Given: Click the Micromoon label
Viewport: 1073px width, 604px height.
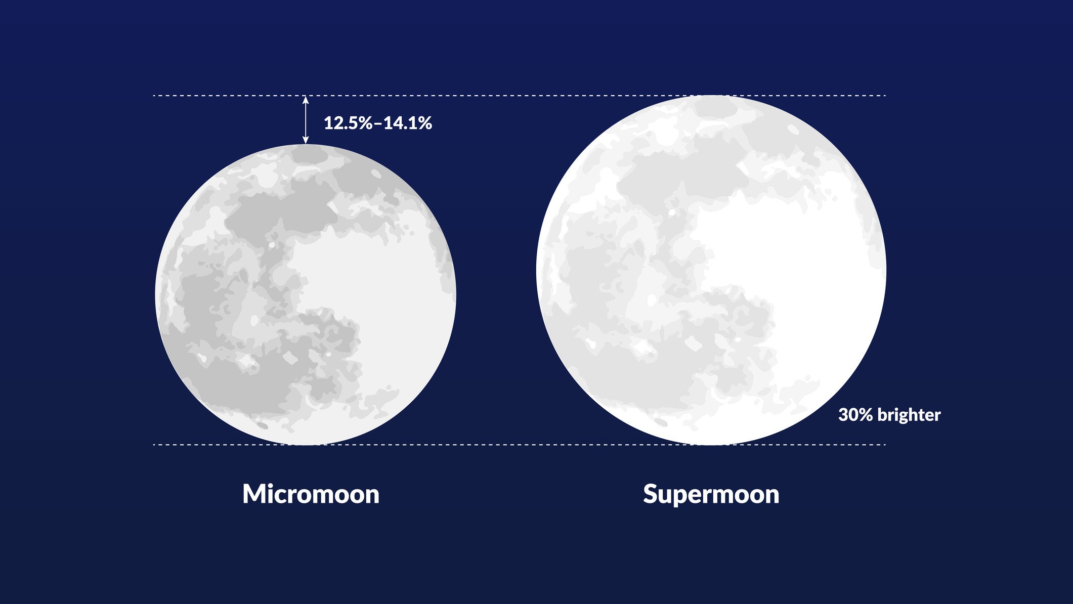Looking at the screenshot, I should coord(311,494).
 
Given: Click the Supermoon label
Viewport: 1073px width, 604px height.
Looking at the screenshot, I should coord(711,494).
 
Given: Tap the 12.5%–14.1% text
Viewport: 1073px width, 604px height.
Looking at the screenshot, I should coord(377,123).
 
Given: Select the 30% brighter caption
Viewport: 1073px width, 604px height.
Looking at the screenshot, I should coord(889,415).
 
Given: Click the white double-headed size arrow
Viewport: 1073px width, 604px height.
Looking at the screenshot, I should coord(306,120).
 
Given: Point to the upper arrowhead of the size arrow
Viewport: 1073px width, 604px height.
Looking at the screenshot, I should coord(306,99).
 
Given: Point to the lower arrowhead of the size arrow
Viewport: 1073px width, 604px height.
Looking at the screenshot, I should coord(306,140).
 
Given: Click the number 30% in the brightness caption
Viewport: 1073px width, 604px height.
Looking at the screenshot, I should coord(855,415).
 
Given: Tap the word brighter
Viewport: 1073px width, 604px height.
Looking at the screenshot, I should coord(909,415).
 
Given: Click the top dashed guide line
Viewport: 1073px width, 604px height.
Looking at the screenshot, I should coord(506,95).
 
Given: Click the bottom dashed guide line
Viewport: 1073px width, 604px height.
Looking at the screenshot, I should coord(506,445).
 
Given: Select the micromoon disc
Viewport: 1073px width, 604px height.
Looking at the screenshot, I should coord(306,295).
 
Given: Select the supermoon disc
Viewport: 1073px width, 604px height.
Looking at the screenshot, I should coord(711,270).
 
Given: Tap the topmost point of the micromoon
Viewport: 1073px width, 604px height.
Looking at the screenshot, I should coord(306,145).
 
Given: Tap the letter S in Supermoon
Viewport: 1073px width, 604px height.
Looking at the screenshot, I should coord(650,494).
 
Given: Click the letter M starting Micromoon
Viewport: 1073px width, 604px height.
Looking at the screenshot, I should coord(253,494).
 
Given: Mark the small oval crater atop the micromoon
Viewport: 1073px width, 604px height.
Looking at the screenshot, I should coord(310,155).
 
